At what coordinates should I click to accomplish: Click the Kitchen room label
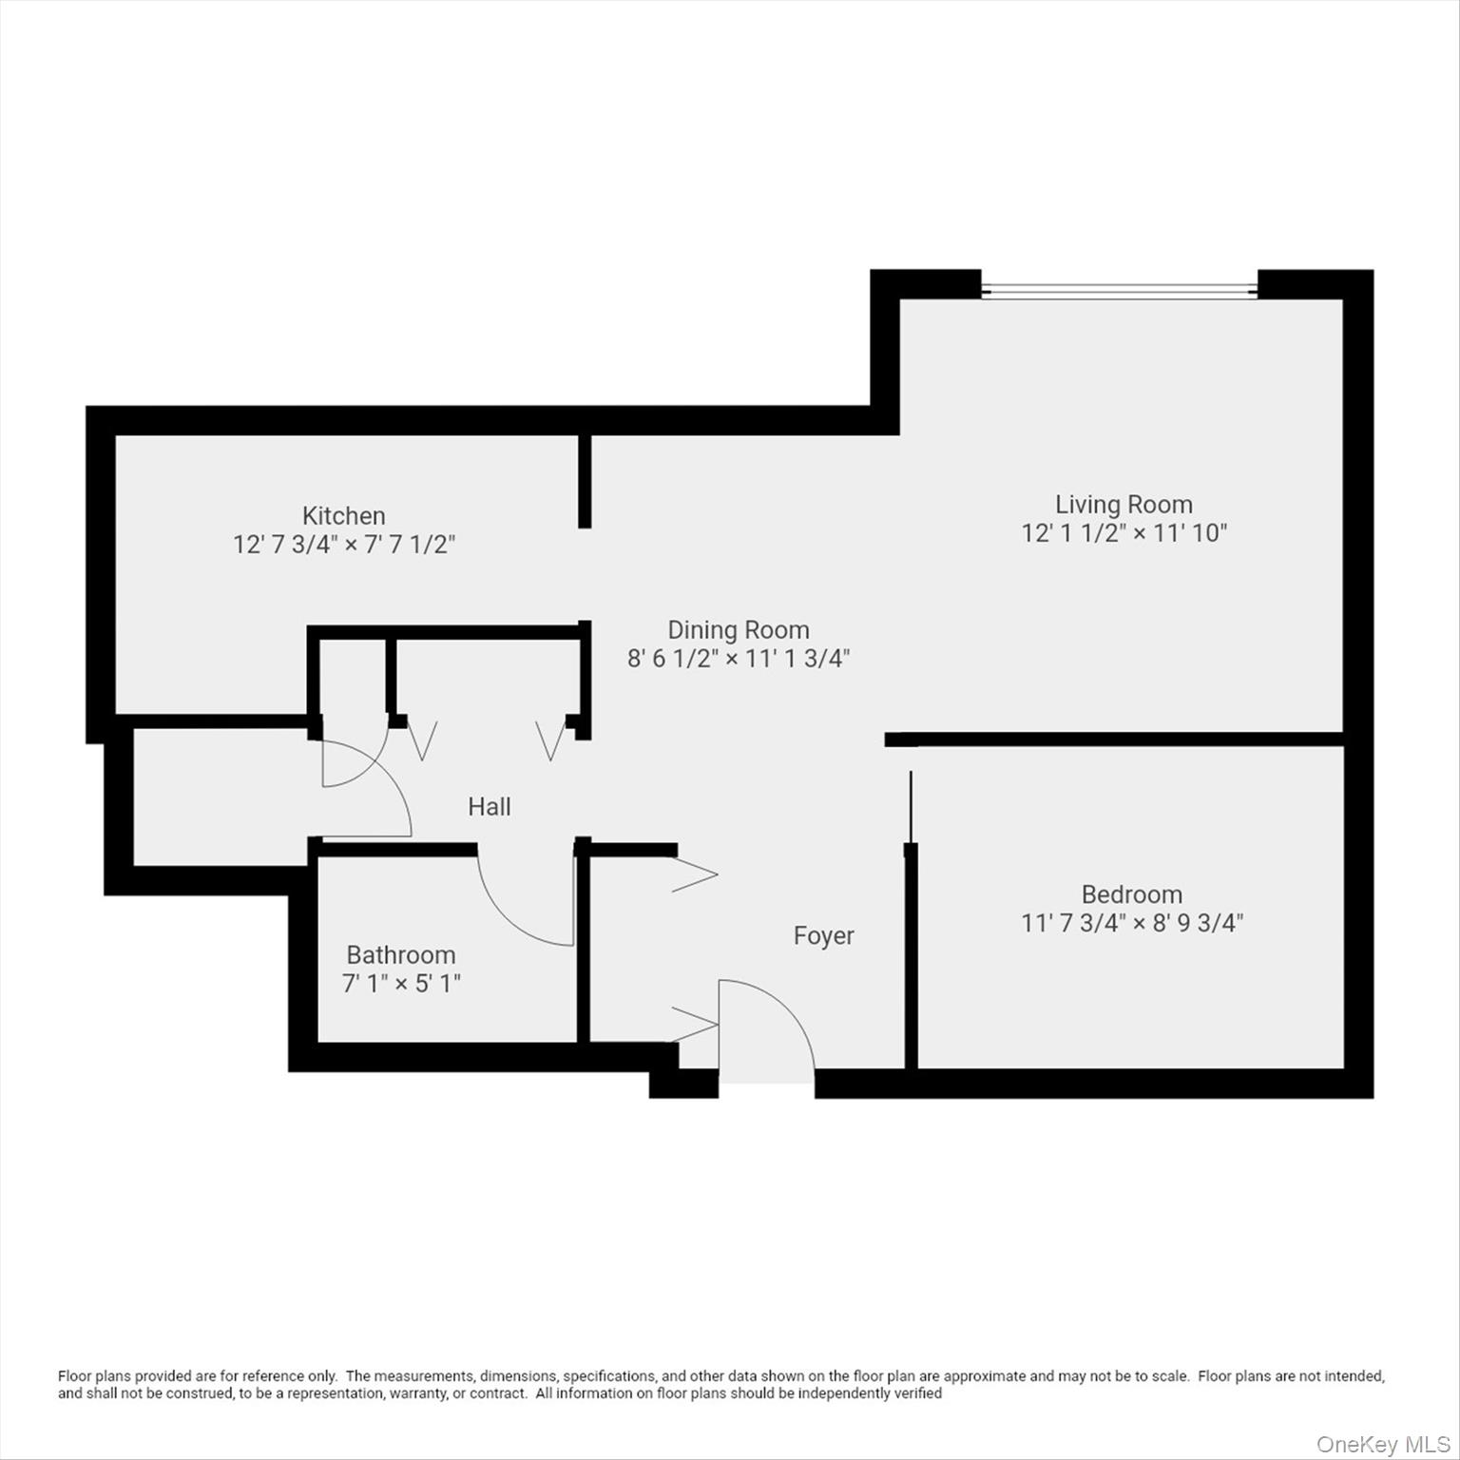[343, 516]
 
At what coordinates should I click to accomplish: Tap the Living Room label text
[1124, 505]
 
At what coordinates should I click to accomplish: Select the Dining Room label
[739, 630]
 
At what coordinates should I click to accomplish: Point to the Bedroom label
[1132, 894]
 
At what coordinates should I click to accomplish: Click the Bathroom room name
[401, 954]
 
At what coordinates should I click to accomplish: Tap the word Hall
[490, 807]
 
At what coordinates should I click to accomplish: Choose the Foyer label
[824, 936]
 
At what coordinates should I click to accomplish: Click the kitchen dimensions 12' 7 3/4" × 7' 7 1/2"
[344, 545]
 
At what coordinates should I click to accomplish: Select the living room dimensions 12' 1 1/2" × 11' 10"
[1124, 533]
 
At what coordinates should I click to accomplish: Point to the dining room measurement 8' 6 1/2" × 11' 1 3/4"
[739, 659]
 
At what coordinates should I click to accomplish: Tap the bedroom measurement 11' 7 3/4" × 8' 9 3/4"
[1132, 923]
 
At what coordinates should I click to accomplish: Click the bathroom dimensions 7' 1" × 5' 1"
[401, 983]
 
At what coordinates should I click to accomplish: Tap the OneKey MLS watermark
[1382, 1445]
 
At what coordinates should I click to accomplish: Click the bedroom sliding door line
[912, 808]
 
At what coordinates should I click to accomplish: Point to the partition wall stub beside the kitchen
[586, 481]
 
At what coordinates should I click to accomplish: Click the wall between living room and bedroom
[1122, 739]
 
